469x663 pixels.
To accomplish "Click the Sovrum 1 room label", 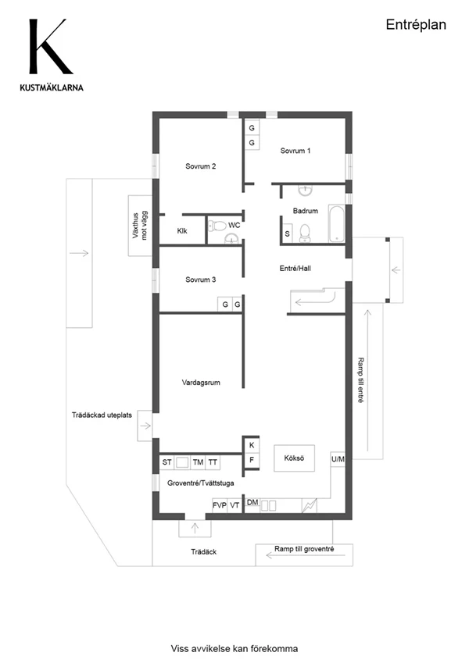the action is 295,151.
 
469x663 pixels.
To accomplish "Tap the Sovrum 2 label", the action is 201,166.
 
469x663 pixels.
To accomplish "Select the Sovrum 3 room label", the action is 201,280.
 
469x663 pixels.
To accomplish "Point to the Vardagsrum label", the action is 201,383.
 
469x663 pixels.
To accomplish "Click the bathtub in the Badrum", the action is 337,224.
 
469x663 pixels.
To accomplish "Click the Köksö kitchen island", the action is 294,458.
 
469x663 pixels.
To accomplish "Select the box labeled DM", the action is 252,502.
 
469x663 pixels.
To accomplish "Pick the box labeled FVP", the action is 220,505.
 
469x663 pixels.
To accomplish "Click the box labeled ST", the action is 166,462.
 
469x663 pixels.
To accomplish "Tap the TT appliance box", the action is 213,462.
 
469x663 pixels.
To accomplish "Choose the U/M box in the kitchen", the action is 338,459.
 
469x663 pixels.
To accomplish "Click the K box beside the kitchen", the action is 252,445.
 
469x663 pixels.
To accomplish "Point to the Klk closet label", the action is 182,231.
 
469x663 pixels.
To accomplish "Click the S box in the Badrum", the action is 288,233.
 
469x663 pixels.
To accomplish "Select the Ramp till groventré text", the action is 304,549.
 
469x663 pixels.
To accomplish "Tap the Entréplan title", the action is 416,25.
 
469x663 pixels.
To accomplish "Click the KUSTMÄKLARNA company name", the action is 52,88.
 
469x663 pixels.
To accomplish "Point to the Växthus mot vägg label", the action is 140,226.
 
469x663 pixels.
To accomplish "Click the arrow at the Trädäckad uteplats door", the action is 145,426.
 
